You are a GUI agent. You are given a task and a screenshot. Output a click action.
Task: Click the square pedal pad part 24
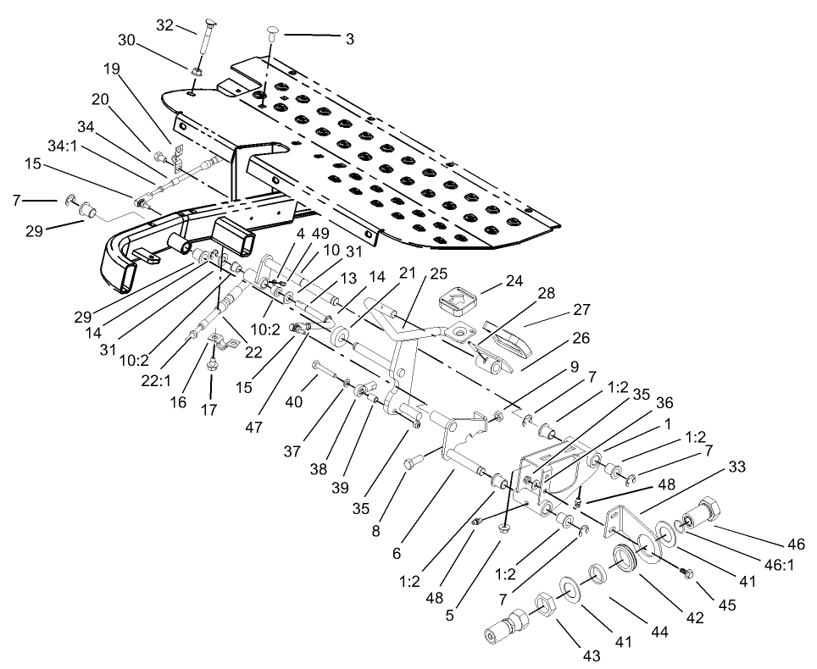point(458,300)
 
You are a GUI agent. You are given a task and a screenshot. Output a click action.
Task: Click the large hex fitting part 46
point(703,511)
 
